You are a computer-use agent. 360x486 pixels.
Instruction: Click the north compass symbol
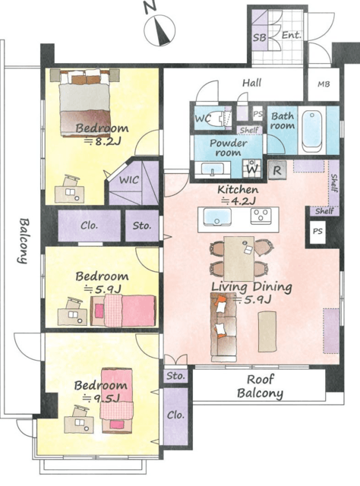tap(159, 29)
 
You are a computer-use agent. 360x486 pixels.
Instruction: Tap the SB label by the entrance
tap(259, 37)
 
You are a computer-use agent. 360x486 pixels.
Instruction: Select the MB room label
tap(324, 84)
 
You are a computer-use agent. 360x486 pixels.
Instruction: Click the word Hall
tap(252, 83)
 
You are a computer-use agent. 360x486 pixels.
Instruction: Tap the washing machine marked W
tap(252, 169)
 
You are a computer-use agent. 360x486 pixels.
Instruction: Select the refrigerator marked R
tap(277, 170)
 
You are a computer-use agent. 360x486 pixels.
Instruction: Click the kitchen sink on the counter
tap(216, 216)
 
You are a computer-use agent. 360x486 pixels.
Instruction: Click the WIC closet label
tap(129, 180)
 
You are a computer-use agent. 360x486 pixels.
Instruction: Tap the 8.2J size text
tap(103, 142)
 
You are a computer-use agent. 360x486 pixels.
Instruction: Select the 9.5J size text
tap(100, 398)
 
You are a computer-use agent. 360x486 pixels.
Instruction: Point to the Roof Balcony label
tap(260, 387)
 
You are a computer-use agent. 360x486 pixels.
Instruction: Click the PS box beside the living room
tap(317, 232)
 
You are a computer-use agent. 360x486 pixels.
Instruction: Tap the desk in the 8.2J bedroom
tap(70, 192)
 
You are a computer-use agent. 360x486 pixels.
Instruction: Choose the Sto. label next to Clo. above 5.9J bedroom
tap(142, 226)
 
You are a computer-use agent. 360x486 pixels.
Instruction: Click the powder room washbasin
tap(213, 169)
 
